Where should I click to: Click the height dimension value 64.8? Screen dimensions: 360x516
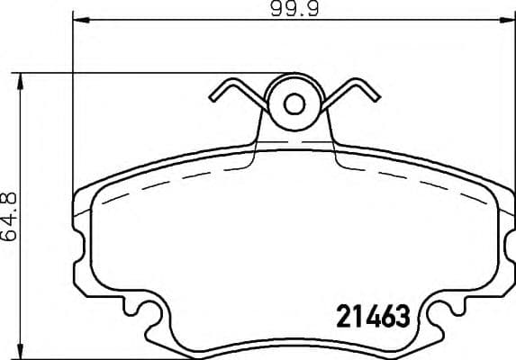point(11,217)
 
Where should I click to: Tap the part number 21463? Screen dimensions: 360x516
point(373,316)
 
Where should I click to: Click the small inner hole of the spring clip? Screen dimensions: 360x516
point(294,103)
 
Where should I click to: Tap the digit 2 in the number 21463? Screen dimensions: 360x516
point(344,316)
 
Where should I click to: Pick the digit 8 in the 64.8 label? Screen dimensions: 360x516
point(11,195)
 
